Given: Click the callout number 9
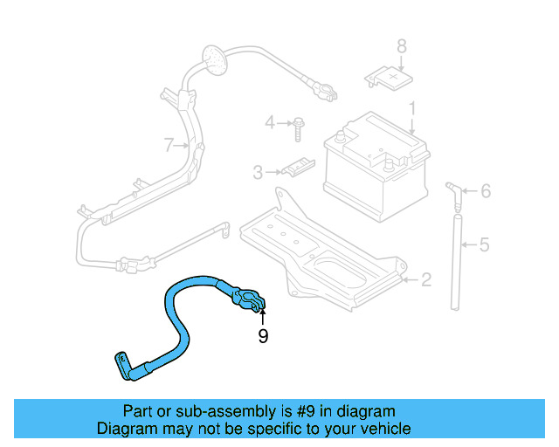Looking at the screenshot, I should click(x=263, y=336).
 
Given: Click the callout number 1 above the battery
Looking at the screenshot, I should click(x=412, y=110).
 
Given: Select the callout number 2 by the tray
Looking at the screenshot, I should click(x=425, y=280).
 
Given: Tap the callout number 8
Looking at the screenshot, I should click(x=402, y=46).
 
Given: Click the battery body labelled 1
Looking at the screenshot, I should click(x=376, y=170).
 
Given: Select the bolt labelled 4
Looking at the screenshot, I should click(x=298, y=126).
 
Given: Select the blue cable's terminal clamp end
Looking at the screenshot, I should click(x=249, y=301).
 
